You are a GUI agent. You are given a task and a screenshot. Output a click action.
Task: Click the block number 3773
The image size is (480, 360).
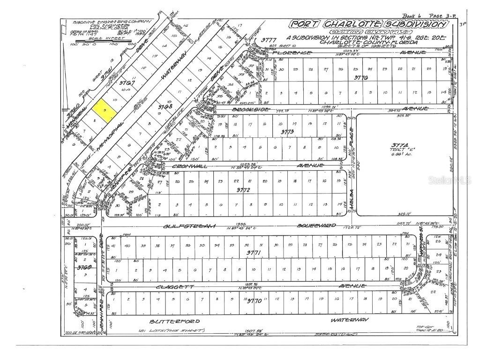(287, 132)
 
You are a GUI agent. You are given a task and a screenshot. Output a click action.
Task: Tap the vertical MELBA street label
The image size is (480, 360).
(350, 197)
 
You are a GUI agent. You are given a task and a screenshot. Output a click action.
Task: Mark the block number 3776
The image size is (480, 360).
(361, 77)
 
